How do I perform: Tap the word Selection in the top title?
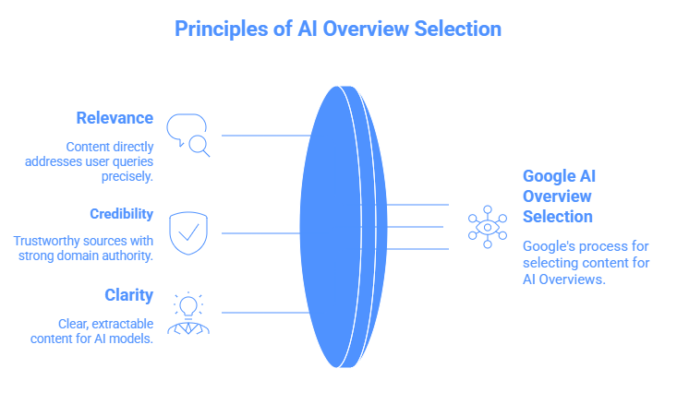click(455, 29)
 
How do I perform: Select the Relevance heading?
click(115, 118)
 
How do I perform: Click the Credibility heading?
click(121, 214)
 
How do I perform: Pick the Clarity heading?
click(128, 295)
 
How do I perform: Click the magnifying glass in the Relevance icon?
click(199, 146)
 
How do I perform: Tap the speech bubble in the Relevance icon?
click(183, 127)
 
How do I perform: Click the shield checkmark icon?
click(188, 232)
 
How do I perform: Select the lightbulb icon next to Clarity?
click(188, 306)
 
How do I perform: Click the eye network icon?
click(487, 227)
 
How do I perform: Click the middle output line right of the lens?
click(416, 227)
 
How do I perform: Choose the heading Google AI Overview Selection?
click(557, 196)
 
